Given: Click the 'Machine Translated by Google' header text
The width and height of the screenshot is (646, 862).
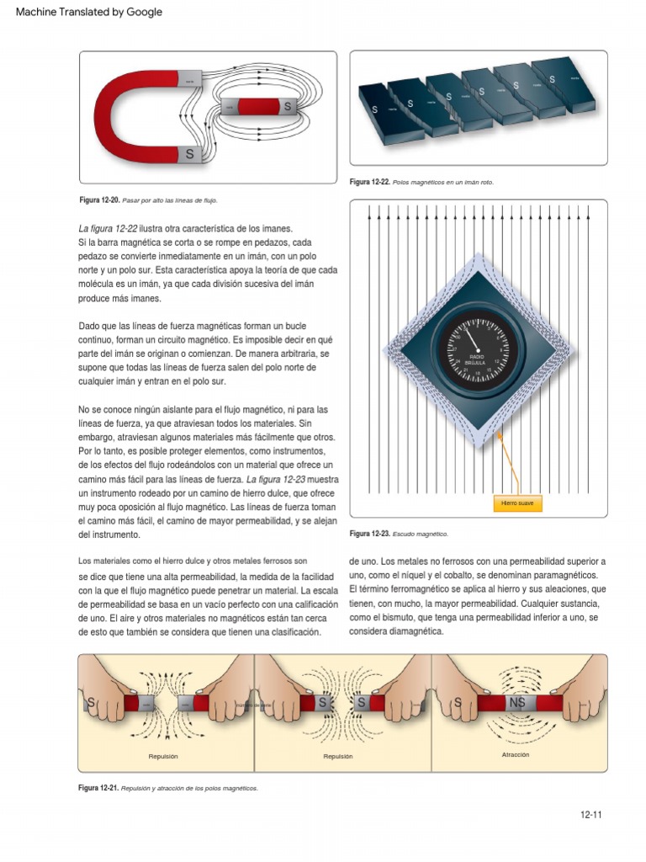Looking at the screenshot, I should pos(89,12).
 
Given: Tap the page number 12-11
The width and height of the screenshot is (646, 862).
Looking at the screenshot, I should pos(591,814).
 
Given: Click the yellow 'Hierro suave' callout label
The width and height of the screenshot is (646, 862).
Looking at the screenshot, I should pos(516,503).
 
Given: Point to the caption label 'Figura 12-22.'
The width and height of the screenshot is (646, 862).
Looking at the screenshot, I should pos(369,183).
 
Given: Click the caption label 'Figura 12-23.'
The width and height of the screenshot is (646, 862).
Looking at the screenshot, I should pos(369,534).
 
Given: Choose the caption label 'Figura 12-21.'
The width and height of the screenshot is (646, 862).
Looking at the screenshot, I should pos(98,788).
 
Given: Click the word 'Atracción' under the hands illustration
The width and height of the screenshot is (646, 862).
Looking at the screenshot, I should pos(515,755).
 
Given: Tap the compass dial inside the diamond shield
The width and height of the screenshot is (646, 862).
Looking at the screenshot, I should pos(478,351).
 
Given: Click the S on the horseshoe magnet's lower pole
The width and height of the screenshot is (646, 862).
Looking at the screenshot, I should pos(190,154).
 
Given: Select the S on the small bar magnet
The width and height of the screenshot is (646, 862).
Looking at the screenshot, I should pos(288,107).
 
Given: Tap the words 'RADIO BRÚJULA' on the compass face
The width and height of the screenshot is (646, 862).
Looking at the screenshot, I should pos(477,360).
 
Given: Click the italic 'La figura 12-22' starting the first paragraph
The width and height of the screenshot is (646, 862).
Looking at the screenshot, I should pos(108,229).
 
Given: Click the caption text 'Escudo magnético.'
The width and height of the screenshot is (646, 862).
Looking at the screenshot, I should pos(421,534).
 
